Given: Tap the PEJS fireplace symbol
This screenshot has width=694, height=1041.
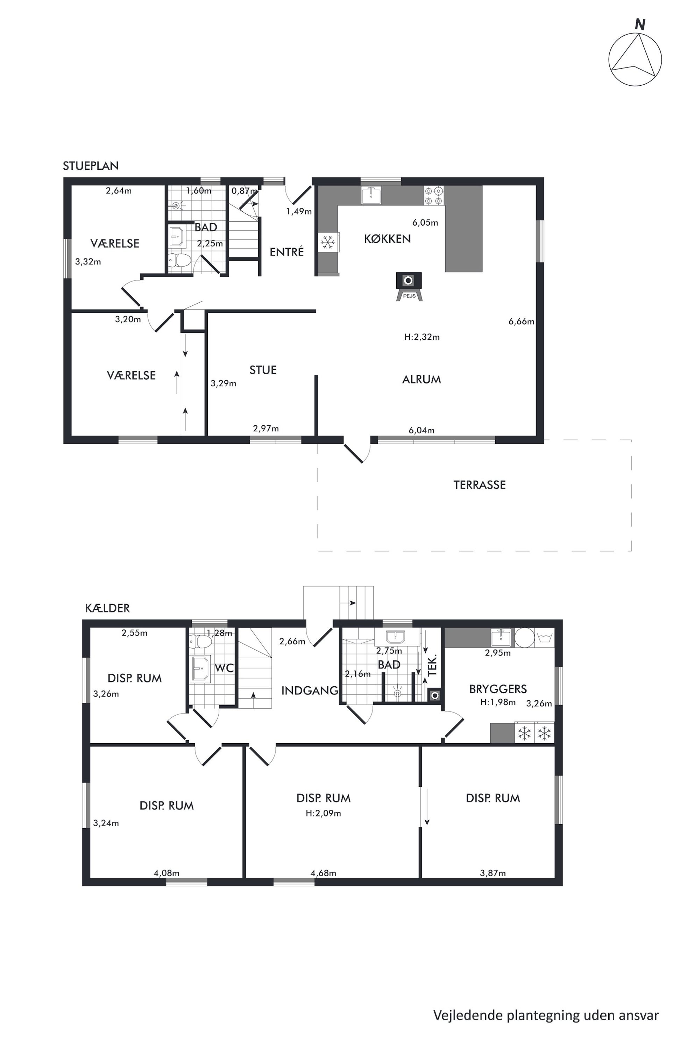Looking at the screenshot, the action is [409, 286].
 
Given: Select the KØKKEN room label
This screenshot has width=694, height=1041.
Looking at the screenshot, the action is [387, 239].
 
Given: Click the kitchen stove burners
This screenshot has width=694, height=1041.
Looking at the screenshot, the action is [433, 196].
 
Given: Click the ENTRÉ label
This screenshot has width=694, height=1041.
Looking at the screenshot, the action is [287, 252].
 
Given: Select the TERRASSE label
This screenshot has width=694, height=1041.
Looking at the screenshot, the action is [479, 485].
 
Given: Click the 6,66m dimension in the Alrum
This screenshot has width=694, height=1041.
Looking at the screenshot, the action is [521, 321].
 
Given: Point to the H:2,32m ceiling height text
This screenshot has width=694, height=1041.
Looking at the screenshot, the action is [422, 337].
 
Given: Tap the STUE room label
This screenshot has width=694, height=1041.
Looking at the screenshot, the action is [263, 370].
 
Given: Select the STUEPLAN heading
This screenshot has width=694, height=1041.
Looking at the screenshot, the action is [91, 166].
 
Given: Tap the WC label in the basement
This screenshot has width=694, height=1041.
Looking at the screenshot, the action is [224, 668].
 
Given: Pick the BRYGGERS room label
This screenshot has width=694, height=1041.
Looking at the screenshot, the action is [498, 689].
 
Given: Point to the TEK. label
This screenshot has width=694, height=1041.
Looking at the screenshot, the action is [432, 665].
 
